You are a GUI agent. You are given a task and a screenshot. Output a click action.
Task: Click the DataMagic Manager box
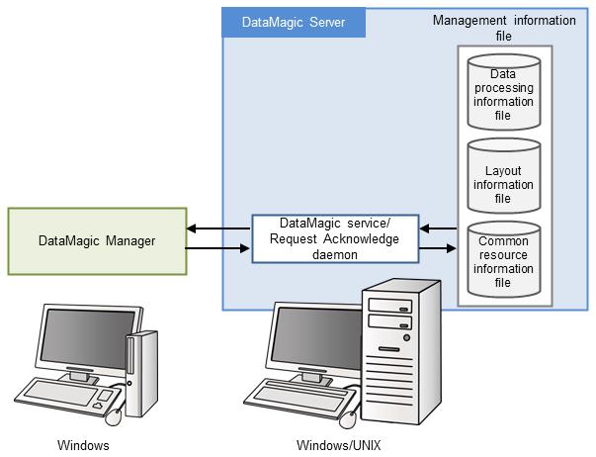pyautogui.click(x=96, y=240)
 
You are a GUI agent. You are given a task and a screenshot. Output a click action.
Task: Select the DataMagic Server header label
pyautogui.click(x=294, y=23)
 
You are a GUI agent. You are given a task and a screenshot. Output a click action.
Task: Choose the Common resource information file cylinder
pyautogui.click(x=503, y=261)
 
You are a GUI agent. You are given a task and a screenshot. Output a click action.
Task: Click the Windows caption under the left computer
pyautogui.click(x=83, y=445)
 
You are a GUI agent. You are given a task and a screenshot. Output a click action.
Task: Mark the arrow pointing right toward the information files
pyautogui.click(x=437, y=248)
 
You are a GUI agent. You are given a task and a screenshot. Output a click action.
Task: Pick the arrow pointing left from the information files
pyautogui.click(x=437, y=229)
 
